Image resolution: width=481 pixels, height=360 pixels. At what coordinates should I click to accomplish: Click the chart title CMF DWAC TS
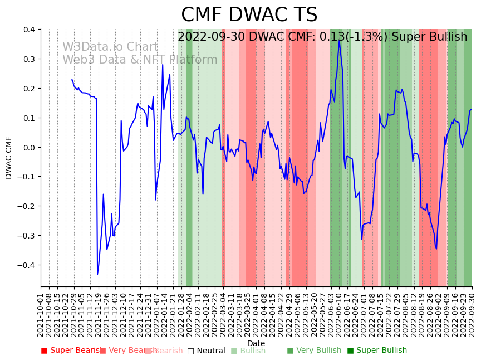coord(249,15)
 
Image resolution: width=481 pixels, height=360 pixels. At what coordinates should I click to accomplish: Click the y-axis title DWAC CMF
coord(9,158)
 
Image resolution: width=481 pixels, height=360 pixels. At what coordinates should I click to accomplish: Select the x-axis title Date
coord(256,343)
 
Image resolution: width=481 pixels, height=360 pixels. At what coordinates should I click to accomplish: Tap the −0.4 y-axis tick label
coord(25,265)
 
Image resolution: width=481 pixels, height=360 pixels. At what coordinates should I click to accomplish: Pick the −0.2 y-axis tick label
coord(25,206)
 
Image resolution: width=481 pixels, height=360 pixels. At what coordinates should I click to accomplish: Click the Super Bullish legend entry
coord(377,351)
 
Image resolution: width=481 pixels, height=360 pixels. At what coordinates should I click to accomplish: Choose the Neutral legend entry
coord(206,351)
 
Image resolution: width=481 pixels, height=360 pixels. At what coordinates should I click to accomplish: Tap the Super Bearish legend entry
coord(71,351)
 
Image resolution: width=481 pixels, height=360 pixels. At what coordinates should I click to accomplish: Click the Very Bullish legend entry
coord(314,351)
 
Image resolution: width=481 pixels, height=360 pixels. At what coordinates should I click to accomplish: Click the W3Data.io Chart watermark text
coord(110,47)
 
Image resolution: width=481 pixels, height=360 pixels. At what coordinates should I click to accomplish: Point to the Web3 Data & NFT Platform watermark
coord(140,60)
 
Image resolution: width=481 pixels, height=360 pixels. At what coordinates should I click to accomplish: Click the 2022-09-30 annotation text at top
coord(322,37)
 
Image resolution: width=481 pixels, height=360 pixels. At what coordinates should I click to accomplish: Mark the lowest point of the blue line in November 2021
coord(97,274)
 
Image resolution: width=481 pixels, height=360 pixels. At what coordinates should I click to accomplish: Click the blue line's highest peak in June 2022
coord(339,40)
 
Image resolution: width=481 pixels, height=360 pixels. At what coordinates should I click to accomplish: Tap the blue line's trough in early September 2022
coord(436,249)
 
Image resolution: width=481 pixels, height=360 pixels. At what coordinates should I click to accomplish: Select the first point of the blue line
coord(71,80)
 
